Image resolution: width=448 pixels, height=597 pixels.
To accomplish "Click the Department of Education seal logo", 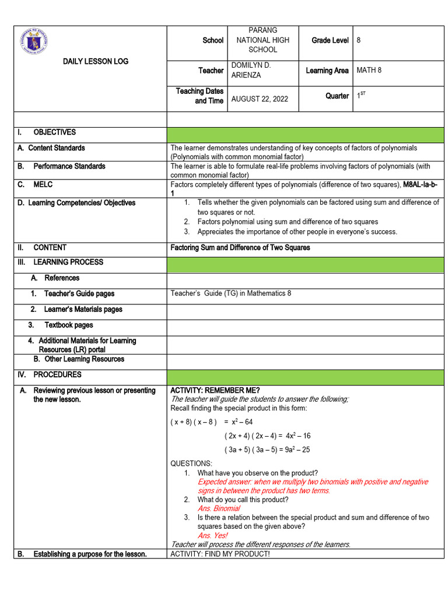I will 33,41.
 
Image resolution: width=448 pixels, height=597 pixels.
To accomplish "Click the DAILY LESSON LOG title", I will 96,61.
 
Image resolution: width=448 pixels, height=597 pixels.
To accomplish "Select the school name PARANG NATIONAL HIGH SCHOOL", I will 262,40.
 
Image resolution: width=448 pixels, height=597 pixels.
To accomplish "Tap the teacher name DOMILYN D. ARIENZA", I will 251,70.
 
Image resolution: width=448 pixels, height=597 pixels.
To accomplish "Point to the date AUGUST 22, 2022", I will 260,99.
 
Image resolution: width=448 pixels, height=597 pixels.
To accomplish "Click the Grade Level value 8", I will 359,40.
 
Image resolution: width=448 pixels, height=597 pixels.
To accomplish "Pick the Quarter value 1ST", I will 361,96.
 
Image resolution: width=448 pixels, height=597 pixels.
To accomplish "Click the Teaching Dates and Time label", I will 199,96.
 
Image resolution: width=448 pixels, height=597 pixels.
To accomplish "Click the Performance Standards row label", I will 69,166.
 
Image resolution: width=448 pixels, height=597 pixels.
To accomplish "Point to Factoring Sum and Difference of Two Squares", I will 240,248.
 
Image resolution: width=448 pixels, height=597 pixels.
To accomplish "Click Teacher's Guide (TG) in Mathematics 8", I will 230,293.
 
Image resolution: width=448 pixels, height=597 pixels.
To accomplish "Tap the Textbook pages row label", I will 68,325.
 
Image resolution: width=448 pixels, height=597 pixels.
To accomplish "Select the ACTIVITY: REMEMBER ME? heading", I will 215,390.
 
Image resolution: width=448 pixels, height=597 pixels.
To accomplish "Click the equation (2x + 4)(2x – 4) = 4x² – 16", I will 267,436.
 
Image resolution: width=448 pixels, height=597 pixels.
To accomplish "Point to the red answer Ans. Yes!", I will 212,535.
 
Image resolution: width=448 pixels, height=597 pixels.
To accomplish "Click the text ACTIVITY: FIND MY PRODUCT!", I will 220,553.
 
